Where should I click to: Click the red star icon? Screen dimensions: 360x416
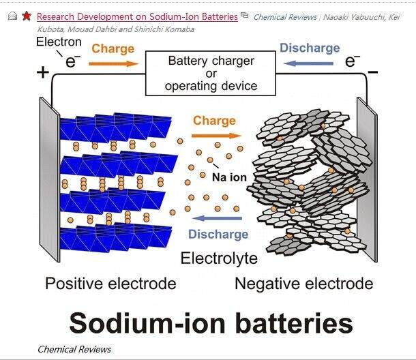(26, 15)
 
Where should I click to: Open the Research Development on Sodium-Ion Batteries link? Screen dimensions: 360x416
(137, 16)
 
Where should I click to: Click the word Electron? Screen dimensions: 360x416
(59, 42)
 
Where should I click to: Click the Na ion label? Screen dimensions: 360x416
(228, 177)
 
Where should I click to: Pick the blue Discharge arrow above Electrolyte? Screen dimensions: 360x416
(217, 218)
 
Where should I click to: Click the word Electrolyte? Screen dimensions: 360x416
(219, 258)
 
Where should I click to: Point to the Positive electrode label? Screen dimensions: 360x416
(110, 284)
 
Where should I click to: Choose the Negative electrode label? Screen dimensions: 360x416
(303, 284)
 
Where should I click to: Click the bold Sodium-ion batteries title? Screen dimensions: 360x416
(211, 322)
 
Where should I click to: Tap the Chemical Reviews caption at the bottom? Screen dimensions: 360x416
(74, 349)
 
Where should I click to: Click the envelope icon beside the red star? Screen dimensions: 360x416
(12, 16)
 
